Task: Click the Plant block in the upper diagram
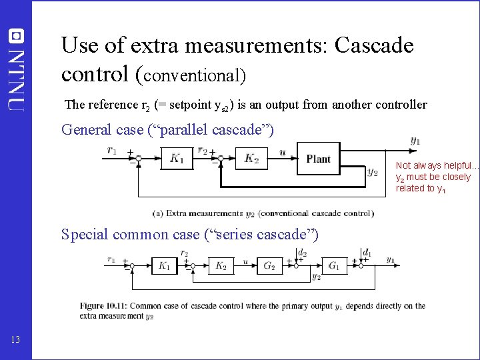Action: click(319, 159)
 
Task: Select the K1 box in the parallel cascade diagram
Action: click(177, 158)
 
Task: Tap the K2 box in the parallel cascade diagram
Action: click(251, 158)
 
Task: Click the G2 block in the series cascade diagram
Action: click(269, 266)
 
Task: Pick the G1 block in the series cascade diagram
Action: click(334, 266)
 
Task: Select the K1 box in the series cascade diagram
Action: click(163, 266)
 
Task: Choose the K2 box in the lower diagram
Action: click(221, 266)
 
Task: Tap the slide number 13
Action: click(15, 341)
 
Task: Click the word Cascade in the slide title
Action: click(374, 46)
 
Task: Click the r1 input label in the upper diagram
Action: click(113, 150)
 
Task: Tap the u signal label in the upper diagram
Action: click(282, 153)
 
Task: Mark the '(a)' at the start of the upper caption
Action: click(158, 213)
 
